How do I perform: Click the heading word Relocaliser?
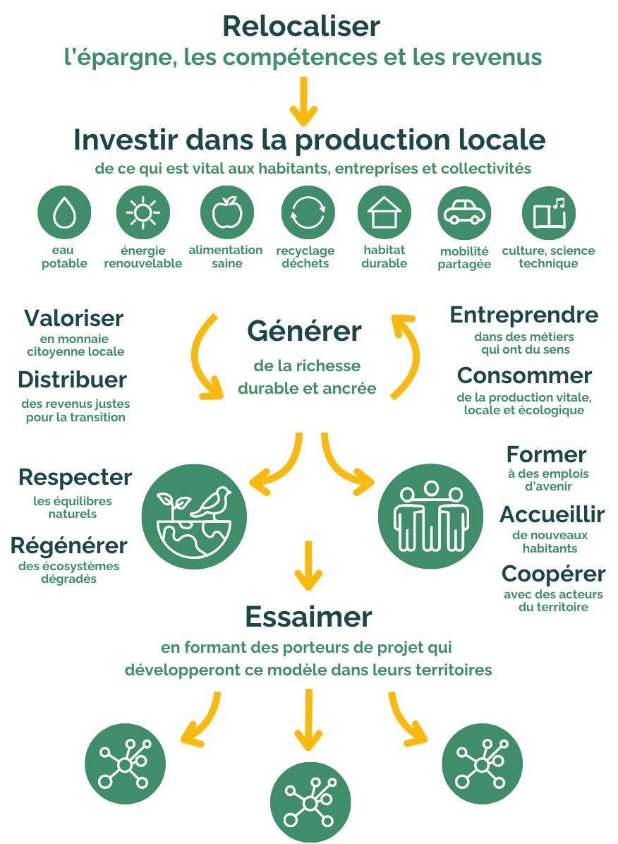[301, 26]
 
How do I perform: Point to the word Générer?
[304, 331]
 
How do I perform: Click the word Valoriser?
[74, 318]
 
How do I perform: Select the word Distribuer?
[72, 380]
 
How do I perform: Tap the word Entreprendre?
[523, 315]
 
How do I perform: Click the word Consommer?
[524, 375]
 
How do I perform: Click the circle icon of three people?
[431, 517]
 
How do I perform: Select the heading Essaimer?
[308, 617]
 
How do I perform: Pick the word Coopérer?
[553, 573]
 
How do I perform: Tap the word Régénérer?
[69, 545]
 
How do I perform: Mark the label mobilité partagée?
[464, 258]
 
